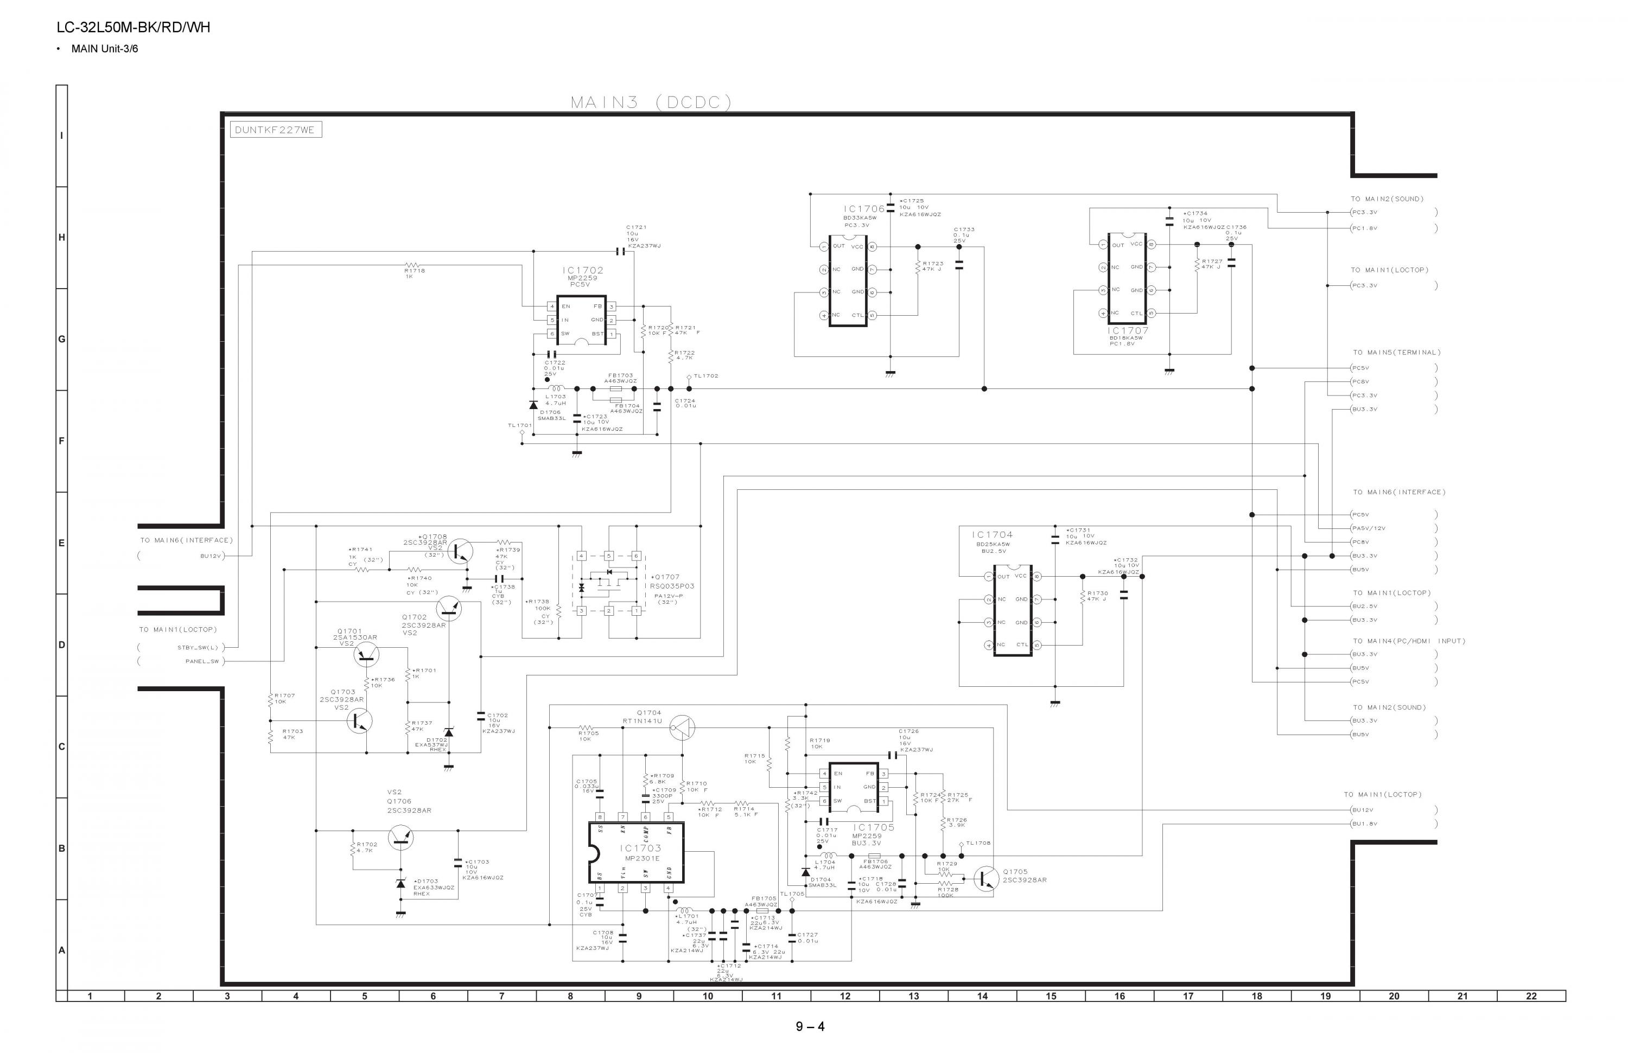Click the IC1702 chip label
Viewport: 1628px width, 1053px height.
583,270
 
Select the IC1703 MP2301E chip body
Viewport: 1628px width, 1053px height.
636,852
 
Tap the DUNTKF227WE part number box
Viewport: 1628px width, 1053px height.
275,130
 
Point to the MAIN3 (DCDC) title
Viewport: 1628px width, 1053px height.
651,103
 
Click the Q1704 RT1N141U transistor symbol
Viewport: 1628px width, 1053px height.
682,727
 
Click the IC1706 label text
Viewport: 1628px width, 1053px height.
864,208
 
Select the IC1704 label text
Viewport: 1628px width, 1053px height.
992,535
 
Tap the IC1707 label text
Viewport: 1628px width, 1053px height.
1128,331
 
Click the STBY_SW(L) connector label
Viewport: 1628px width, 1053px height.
198,648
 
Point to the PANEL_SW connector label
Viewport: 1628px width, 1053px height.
202,661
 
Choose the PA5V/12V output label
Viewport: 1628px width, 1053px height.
1369,528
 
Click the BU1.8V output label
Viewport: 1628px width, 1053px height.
1365,824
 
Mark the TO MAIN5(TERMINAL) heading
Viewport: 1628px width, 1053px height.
1396,353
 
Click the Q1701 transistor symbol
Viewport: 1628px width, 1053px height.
366,655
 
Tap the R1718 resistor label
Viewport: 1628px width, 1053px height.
415,271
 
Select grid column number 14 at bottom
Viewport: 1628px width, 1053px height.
982,996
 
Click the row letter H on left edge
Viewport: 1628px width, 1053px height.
61,237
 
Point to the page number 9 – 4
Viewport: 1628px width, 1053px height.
810,1026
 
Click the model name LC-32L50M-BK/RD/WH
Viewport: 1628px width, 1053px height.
133,27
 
